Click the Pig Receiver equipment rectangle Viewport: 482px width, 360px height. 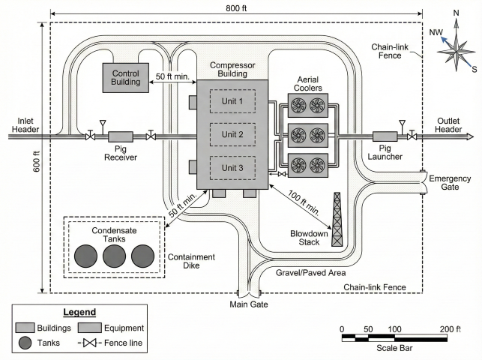[121, 136]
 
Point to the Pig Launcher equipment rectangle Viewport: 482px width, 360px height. [384, 136]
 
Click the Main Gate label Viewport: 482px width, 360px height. [249, 304]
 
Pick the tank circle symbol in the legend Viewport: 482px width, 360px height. [26, 343]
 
